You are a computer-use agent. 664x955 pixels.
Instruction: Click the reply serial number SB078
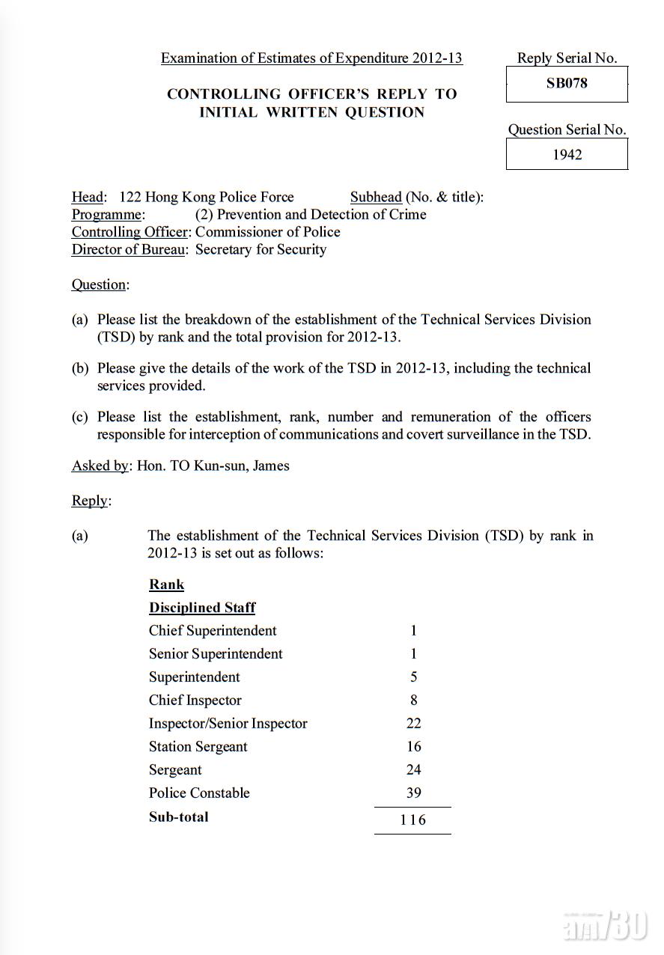point(567,84)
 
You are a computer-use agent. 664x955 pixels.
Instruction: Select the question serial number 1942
point(567,155)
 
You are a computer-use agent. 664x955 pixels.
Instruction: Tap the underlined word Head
point(88,197)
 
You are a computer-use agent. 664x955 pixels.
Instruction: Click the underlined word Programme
point(106,215)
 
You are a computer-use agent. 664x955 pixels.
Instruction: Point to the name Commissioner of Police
point(268,232)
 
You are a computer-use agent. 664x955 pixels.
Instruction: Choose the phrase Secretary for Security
point(261,250)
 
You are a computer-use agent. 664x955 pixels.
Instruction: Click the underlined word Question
point(99,284)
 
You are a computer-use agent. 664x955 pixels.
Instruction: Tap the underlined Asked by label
point(100,466)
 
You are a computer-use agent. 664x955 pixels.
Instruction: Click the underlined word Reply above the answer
point(90,501)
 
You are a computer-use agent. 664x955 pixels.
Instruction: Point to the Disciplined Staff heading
point(202,608)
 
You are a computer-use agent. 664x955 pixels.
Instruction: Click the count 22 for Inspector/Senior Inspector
point(413,723)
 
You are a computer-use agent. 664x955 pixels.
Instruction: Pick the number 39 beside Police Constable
point(413,793)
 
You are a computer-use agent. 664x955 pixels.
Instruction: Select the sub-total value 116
point(412,820)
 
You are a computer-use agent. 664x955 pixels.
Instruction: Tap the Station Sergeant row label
point(198,746)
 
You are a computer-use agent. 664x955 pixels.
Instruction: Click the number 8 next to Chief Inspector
point(414,700)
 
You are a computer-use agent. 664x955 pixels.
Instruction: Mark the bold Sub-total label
point(178,817)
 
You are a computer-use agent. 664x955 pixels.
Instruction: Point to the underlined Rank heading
point(166,585)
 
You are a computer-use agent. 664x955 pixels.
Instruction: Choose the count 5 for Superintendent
point(414,677)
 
